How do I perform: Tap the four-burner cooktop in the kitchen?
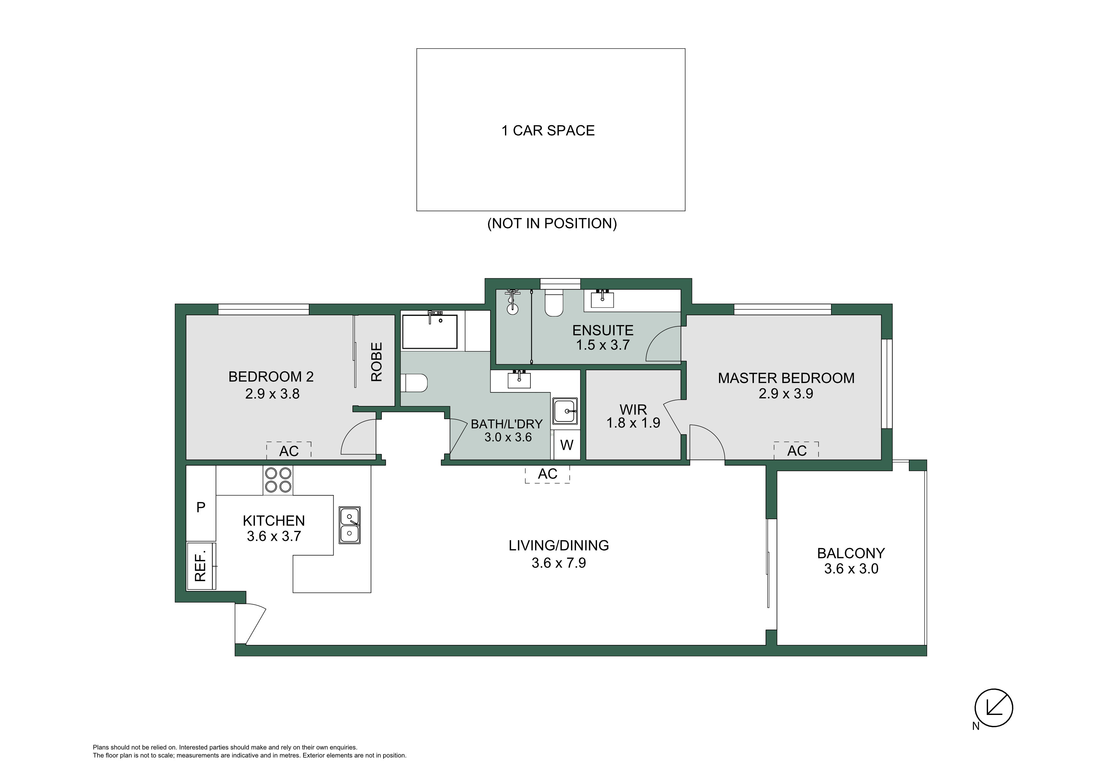pyautogui.click(x=278, y=480)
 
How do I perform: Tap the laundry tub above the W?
pyautogui.click(x=565, y=411)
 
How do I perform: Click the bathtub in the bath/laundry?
pyautogui.click(x=430, y=332)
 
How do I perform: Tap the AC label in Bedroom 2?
pyautogui.click(x=289, y=451)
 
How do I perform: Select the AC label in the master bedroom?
pyautogui.click(x=797, y=450)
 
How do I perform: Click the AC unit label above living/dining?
pyautogui.click(x=548, y=474)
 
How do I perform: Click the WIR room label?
pyautogui.click(x=633, y=409)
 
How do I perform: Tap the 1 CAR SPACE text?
pyautogui.click(x=548, y=131)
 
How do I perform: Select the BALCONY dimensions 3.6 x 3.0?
pyautogui.click(x=851, y=569)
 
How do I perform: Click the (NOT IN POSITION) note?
pyautogui.click(x=552, y=223)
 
